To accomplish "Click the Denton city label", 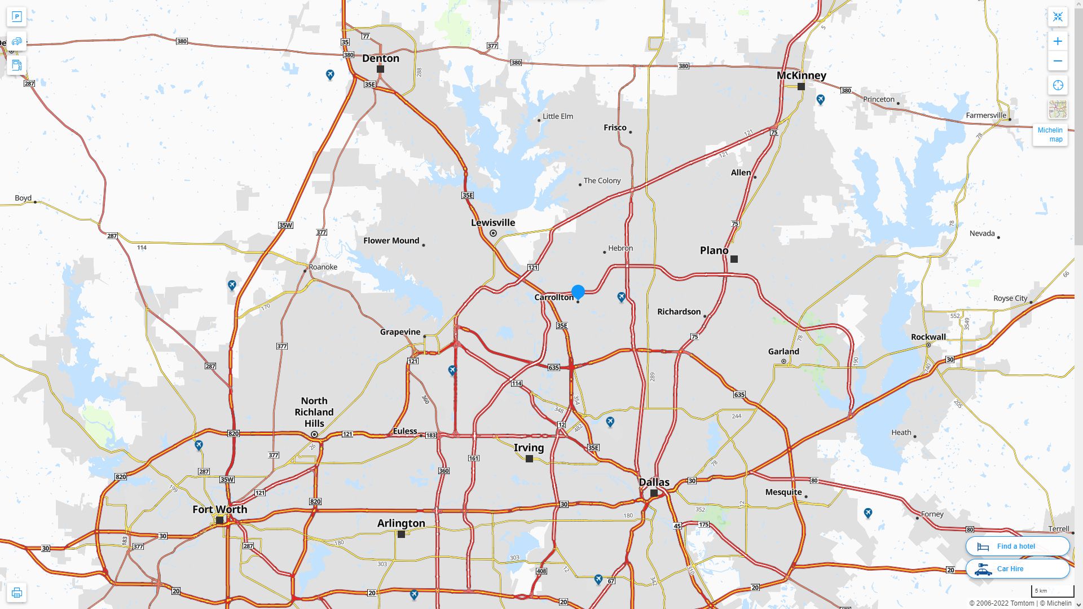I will (381, 58).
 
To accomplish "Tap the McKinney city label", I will (801, 76).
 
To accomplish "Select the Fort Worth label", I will (219, 509).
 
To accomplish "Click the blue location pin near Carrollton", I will (578, 292).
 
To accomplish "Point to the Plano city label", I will (714, 250).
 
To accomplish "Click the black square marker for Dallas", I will (654, 493).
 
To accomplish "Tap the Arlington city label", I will (401, 523).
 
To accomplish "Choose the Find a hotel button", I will (1017, 546).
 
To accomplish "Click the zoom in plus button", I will (1058, 41).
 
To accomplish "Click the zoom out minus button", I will (1058, 61).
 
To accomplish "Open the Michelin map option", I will (1050, 134).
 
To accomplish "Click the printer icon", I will (16, 593).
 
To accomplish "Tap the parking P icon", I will (16, 17).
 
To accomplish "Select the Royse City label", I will (1010, 298).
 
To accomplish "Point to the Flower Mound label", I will (391, 241).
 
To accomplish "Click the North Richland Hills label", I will (314, 412).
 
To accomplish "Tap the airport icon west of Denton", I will (330, 74).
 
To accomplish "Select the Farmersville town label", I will (985, 116).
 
